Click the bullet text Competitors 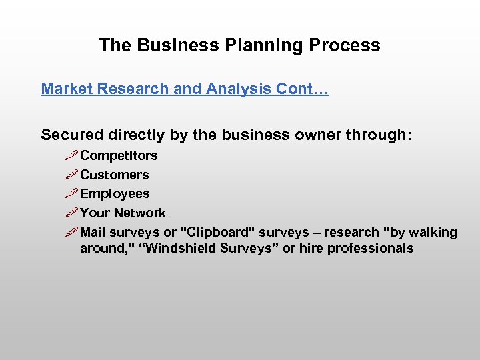[x=119, y=155]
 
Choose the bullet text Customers [x=114, y=175]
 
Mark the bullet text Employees [x=115, y=194]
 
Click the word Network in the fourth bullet [x=139, y=213]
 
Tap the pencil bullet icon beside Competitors [x=71, y=156]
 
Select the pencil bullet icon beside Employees [x=71, y=195]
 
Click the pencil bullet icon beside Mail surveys [x=71, y=233]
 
